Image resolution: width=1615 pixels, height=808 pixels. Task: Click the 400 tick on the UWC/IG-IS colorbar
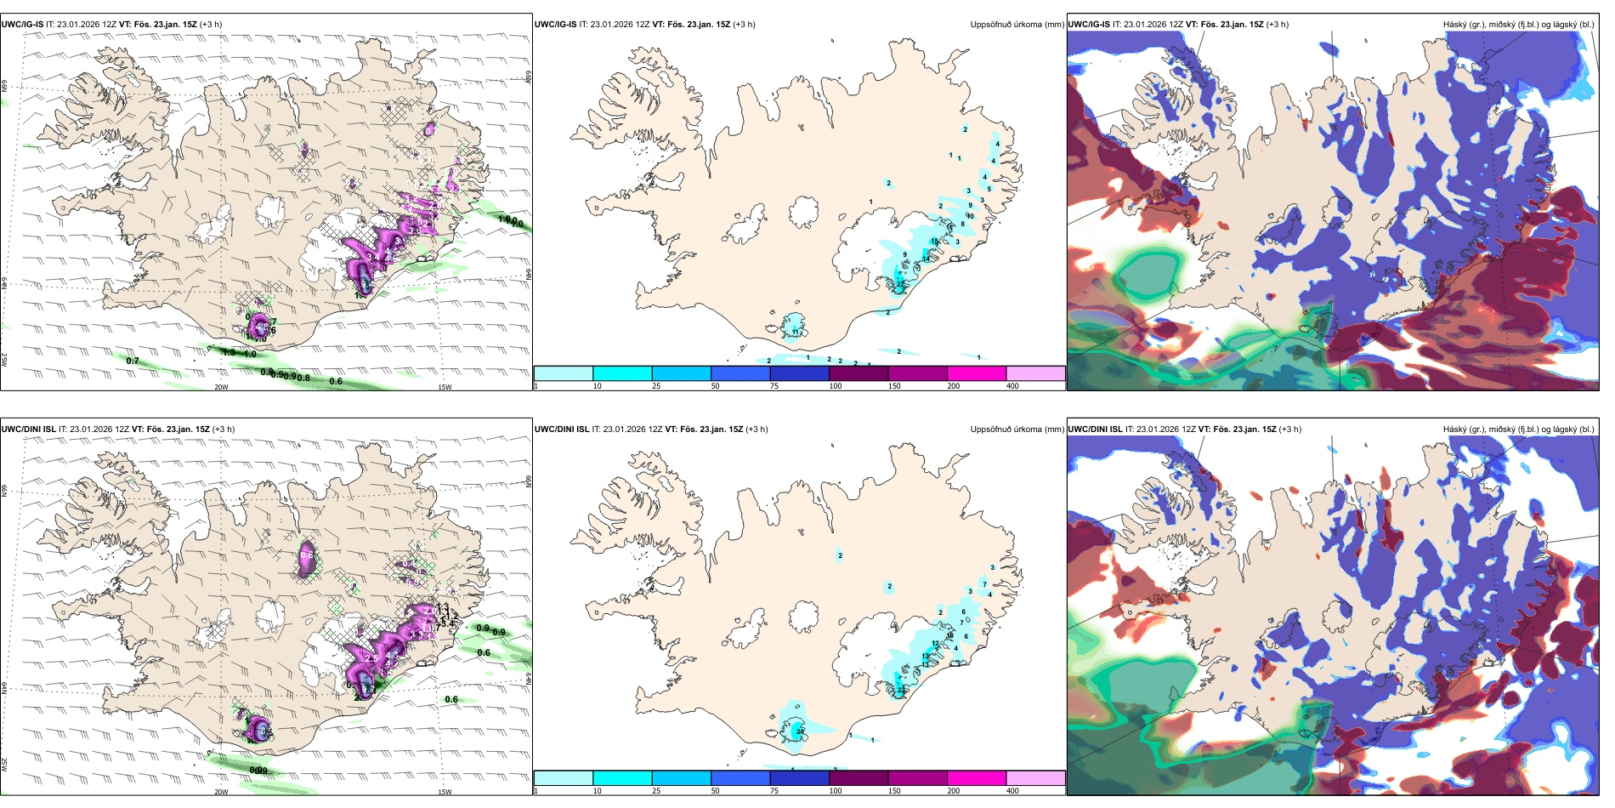[1012, 386]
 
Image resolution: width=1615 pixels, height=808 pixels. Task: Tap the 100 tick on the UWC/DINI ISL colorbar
[836, 791]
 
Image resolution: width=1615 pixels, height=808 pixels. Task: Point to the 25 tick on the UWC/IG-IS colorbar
[656, 386]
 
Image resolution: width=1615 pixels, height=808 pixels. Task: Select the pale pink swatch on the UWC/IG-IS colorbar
[1035, 373]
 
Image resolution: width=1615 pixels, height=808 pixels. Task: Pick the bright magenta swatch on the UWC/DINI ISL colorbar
[977, 778]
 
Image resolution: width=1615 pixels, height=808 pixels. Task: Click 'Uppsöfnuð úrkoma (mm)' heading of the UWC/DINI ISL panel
[1017, 430]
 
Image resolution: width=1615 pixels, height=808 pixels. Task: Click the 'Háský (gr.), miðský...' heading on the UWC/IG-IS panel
[1518, 25]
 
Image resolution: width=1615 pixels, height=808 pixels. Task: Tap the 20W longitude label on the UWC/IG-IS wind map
[221, 387]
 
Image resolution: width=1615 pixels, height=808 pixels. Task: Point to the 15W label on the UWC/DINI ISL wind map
[445, 792]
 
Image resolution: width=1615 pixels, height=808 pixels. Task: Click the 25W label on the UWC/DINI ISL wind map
[4, 764]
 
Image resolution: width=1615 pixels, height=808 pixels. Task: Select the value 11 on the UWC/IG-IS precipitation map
[796, 330]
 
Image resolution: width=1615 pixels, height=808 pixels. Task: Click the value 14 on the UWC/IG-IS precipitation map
[926, 258]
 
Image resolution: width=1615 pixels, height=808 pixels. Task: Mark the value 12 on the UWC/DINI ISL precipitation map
[935, 644]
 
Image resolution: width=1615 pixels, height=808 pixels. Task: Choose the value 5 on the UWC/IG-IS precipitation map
[989, 189]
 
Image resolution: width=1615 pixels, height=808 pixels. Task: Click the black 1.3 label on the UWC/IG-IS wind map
[228, 352]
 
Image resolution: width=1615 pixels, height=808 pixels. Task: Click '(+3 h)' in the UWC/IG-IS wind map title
[211, 25]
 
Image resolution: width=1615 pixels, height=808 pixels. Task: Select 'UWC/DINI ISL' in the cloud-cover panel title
[1095, 430]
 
